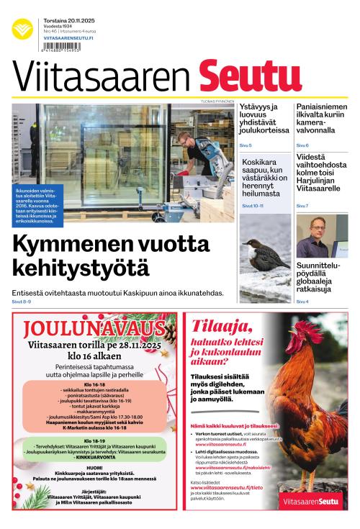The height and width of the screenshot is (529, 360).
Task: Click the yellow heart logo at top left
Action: [22, 30]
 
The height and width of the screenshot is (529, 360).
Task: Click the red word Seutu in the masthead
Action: [240, 76]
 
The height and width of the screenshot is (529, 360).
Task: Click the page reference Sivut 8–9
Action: [22, 301]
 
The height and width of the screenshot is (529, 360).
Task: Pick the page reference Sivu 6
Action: [302, 145]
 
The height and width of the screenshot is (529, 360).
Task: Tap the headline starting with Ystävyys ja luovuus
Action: [264, 119]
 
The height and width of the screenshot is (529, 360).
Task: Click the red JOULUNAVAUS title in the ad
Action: [94, 329]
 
